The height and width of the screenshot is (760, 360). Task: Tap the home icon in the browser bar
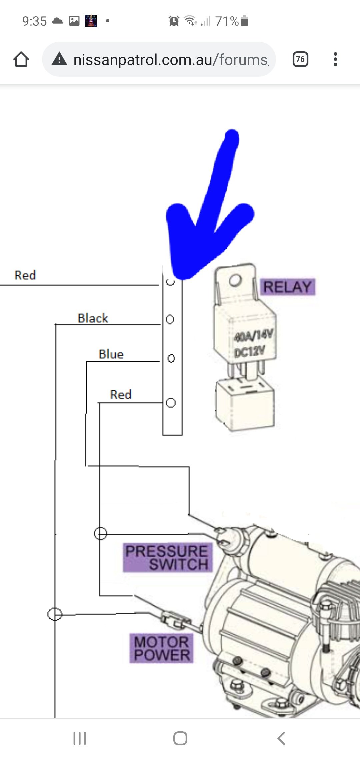point(21,59)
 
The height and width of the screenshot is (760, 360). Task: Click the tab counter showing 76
point(300,59)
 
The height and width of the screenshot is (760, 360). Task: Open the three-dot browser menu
point(335,59)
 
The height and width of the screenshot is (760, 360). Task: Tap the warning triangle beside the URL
point(60,59)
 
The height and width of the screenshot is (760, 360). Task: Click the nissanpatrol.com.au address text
point(170,60)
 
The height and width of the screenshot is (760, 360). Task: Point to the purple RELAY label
point(287,287)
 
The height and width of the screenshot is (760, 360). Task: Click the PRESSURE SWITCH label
point(167,558)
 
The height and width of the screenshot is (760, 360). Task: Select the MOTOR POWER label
point(162,648)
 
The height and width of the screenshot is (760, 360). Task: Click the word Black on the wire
point(93,318)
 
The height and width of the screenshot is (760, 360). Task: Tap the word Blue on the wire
point(111,354)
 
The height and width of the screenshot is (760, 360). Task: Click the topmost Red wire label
point(25,275)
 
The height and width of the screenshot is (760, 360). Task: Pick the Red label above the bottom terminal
point(121,395)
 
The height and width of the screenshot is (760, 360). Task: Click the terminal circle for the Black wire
point(170,319)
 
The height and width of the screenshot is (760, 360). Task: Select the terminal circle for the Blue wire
point(171,358)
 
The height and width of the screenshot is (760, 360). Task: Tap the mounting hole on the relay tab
point(235,280)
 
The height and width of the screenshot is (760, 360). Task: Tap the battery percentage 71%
point(227,21)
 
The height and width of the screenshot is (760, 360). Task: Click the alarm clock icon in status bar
point(174,21)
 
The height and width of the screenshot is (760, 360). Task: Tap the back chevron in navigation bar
point(281,738)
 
